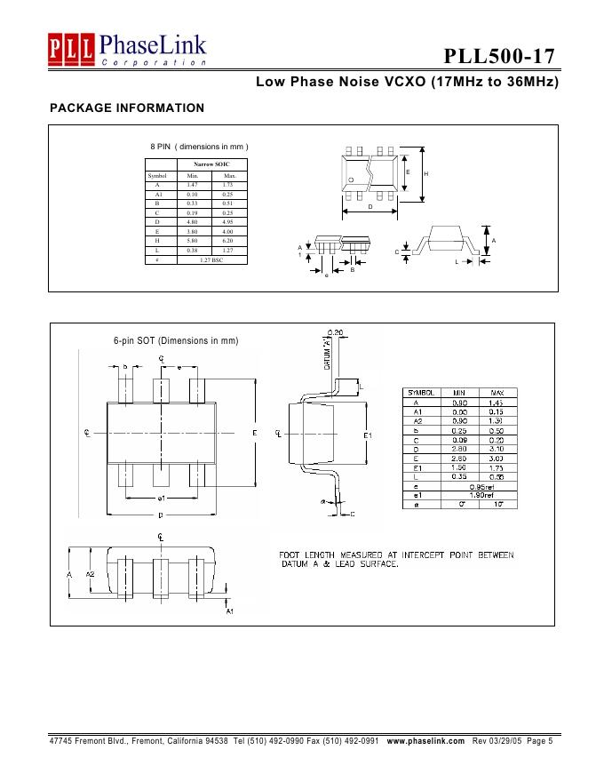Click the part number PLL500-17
pyautogui.click(x=501, y=57)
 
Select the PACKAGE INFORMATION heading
pyautogui.click(x=127, y=108)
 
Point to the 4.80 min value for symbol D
pyautogui.click(x=193, y=222)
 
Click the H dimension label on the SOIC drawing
pyautogui.click(x=425, y=173)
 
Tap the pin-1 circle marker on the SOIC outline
pyautogui.click(x=352, y=180)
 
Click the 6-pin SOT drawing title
pyautogui.click(x=176, y=340)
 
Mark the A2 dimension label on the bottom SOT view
pyautogui.click(x=90, y=574)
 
